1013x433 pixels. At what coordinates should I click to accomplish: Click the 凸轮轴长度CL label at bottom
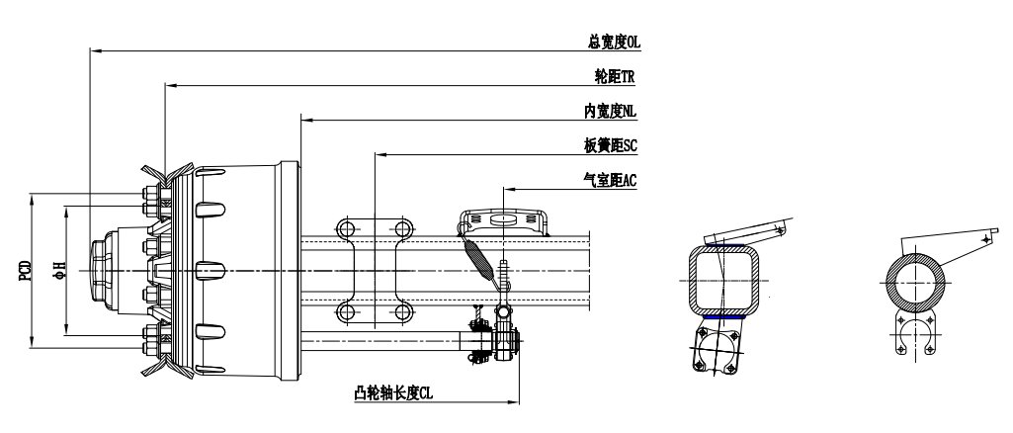coord(395,393)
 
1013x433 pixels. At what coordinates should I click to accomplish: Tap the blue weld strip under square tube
coord(726,316)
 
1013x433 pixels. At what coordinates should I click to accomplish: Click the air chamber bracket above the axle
coord(504,218)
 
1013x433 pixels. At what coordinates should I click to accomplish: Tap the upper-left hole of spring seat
coord(346,229)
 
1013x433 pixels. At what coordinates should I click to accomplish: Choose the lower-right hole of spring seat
coord(403,312)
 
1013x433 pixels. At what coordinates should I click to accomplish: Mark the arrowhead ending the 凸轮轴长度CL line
coord(516,401)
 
